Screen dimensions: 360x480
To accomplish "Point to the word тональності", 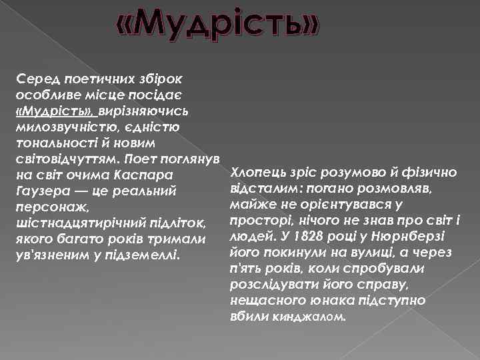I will pyautogui.click(x=53, y=142).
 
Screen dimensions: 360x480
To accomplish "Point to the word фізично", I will pyautogui.click(x=433, y=172).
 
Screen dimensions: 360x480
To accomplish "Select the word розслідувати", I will pyautogui.click(x=267, y=284).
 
